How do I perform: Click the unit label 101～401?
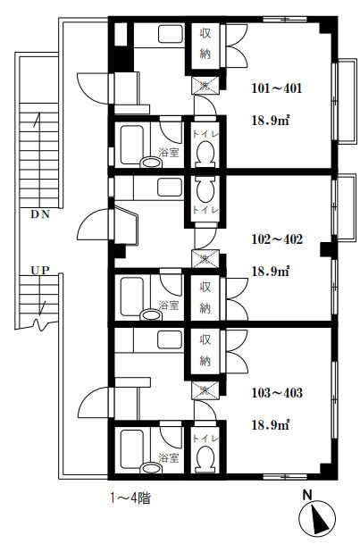[x=276, y=88]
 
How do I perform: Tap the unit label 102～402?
[x=277, y=239]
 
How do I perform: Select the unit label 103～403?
[x=277, y=393]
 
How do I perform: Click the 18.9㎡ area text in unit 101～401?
[x=271, y=121]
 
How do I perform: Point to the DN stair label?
[x=40, y=214]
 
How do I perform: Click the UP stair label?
[x=40, y=271]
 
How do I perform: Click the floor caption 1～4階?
[x=130, y=498]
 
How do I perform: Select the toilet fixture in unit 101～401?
[x=205, y=155]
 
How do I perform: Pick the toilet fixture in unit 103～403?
[x=205, y=458]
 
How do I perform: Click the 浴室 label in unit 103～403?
[x=169, y=457]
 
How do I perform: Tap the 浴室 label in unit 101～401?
[x=169, y=152]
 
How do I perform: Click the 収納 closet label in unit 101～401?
[x=205, y=44]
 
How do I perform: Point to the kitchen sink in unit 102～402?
[x=170, y=188]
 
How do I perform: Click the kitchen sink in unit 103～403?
[x=170, y=339]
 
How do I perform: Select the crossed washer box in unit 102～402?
[x=205, y=259]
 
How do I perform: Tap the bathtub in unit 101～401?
[x=132, y=145]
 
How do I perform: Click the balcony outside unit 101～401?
[x=347, y=101]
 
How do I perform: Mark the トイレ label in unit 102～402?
[x=205, y=210]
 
